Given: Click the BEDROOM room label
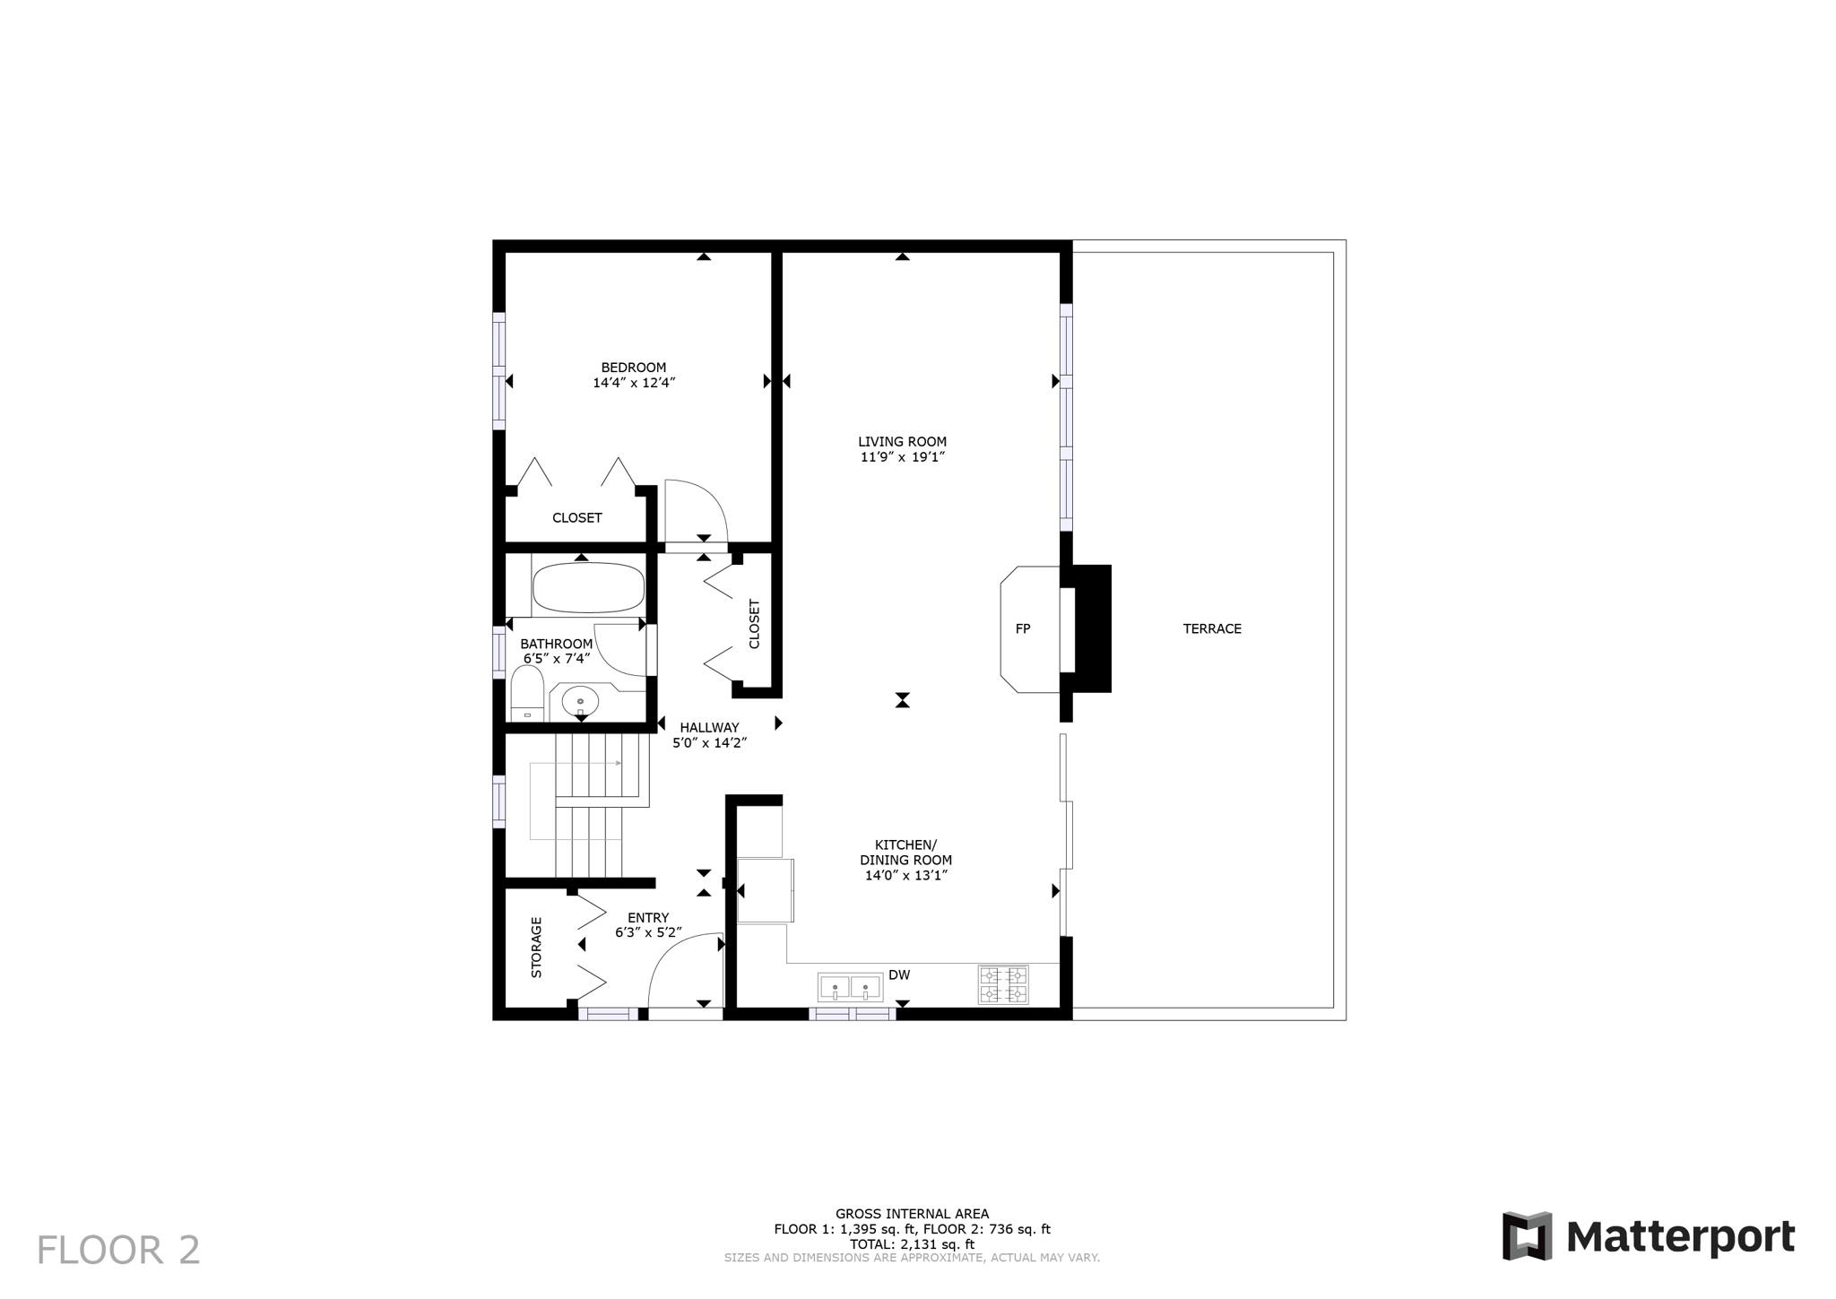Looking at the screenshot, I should (633, 368).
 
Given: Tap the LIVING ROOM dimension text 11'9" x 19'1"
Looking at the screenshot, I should (902, 457).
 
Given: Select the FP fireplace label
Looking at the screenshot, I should (1022, 629).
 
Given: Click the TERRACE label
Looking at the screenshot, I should (1211, 629).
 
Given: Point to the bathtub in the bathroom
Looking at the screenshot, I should (588, 588).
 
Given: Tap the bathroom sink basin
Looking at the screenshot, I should (580, 702).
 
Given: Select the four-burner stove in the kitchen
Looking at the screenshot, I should (1002, 984).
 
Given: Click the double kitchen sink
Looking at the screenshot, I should (850, 988).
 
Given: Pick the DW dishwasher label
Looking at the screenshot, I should (898, 975).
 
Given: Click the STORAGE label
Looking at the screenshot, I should (537, 947).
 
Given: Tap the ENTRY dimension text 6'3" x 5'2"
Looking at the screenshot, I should (648, 933).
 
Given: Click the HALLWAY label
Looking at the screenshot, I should (708, 728).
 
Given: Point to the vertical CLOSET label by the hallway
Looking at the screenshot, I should (754, 624).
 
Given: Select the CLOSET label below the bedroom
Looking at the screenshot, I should (576, 518).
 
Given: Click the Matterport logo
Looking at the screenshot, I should (1648, 1237).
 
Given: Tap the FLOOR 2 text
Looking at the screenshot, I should (118, 1251).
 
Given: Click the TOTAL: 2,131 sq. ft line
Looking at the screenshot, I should (912, 1244).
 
